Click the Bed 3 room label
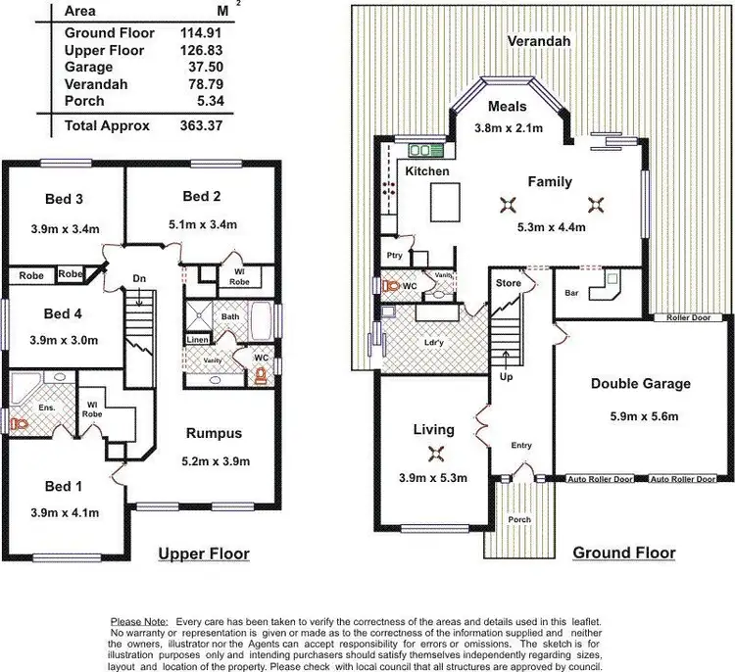pyautogui.click(x=64, y=200)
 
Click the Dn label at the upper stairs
pyautogui.click(x=140, y=279)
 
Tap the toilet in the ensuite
pyautogui.click(x=20, y=423)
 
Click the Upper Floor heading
pyautogui.click(x=204, y=554)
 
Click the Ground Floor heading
pyautogui.click(x=624, y=552)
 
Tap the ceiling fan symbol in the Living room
pyautogui.click(x=435, y=453)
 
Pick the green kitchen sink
pyautogui.click(x=426, y=150)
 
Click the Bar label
pyautogui.click(x=572, y=292)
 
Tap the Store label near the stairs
pyautogui.click(x=510, y=284)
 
